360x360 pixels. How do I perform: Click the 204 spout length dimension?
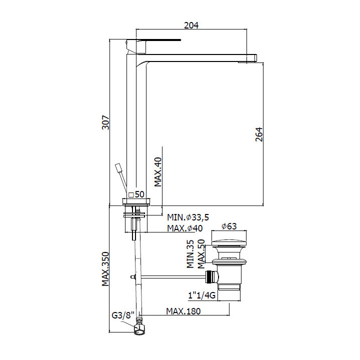coord(191,25)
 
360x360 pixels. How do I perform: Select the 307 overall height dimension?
coord(105,122)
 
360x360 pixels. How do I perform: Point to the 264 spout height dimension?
coord(259,134)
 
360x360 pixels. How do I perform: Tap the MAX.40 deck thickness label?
coord(158,172)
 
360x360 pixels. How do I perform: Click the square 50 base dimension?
coord(136,194)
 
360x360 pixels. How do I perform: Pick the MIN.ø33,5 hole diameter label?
coord(188,217)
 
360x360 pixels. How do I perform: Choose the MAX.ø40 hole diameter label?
coord(185,228)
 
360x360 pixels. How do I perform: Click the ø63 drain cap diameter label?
coord(229,226)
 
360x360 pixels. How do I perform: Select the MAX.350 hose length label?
coord(105,269)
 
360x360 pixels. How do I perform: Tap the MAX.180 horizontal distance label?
coord(183,311)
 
